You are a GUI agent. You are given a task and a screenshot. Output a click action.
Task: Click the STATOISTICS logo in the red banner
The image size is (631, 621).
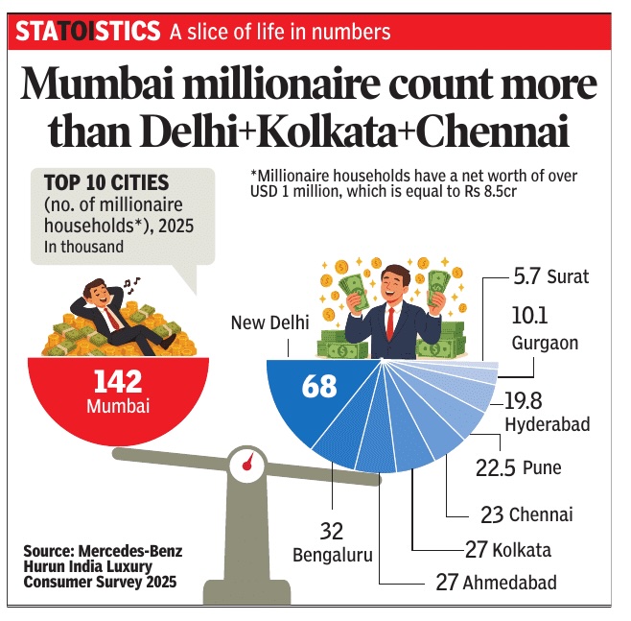click(x=87, y=32)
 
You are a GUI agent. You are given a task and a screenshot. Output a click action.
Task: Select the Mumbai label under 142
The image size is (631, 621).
click(x=118, y=406)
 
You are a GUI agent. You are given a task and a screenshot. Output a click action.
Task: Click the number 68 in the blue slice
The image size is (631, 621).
click(x=319, y=386)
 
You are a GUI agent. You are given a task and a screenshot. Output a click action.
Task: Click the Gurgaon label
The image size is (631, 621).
click(x=543, y=343)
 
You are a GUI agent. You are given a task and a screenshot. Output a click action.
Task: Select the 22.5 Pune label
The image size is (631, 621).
click(x=519, y=467)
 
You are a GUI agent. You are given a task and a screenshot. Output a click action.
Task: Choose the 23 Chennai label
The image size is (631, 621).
click(x=526, y=514)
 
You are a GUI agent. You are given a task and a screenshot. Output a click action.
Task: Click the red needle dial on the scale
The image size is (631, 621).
click(x=247, y=465)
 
